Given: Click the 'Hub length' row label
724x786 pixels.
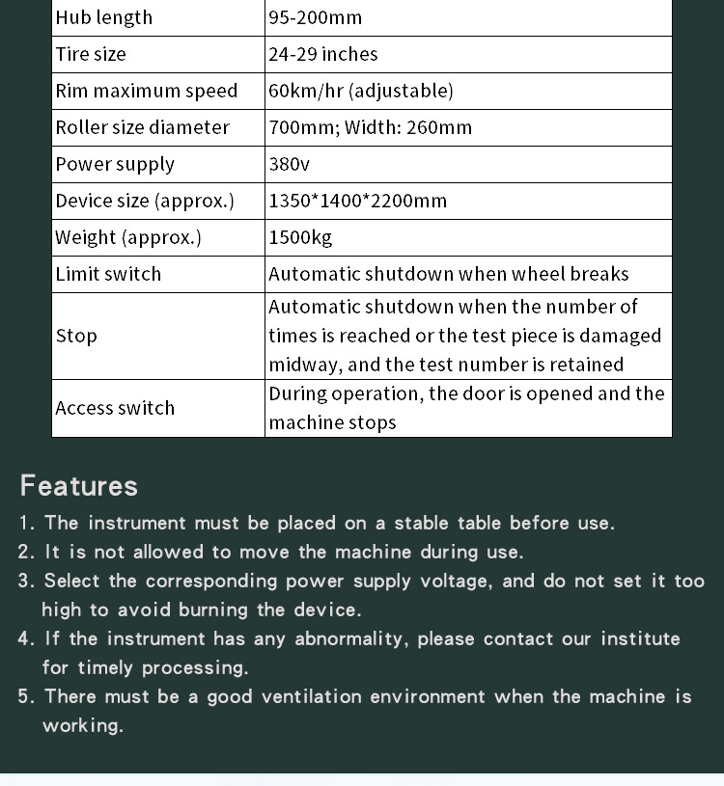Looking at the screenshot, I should coord(103,17).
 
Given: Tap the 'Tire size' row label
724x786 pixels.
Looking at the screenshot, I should coord(91,54).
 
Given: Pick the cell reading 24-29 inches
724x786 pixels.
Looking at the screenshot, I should coord(323,54).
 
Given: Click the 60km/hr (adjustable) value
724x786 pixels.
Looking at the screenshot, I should coord(360,91).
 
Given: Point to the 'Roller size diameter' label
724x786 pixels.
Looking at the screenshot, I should coord(142,127).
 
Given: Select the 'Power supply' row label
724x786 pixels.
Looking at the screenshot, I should coord(115,164).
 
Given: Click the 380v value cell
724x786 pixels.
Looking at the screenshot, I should coord(290,164).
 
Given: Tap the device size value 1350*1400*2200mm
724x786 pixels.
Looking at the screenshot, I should coord(357,201).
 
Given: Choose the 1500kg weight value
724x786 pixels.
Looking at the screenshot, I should coord(300,237).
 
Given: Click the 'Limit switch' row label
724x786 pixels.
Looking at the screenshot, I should coord(108,274).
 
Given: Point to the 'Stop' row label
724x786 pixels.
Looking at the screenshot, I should coord(76,336).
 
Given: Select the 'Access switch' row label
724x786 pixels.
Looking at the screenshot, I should coord(115,408).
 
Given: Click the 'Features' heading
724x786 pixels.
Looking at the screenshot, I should coord(79,485).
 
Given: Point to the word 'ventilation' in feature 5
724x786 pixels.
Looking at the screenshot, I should coord(312,696).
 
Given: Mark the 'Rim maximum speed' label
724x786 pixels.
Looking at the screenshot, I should coord(146,91).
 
